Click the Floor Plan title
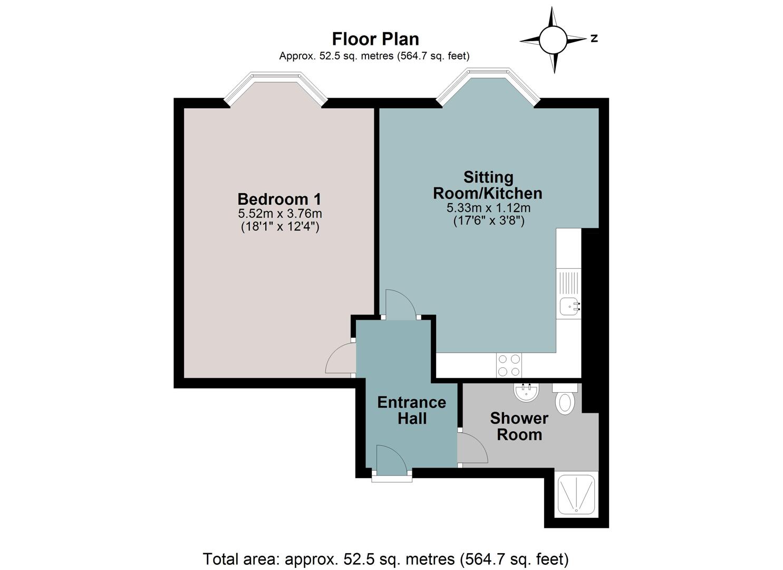375,39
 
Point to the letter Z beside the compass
594,39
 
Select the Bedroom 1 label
279,199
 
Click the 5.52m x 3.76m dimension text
280,213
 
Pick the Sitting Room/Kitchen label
488,185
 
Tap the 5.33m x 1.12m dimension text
488,208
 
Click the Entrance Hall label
412,411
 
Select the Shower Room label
519,426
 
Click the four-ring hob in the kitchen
509,365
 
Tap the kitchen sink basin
569,307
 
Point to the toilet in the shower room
565,399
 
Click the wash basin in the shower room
526,392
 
